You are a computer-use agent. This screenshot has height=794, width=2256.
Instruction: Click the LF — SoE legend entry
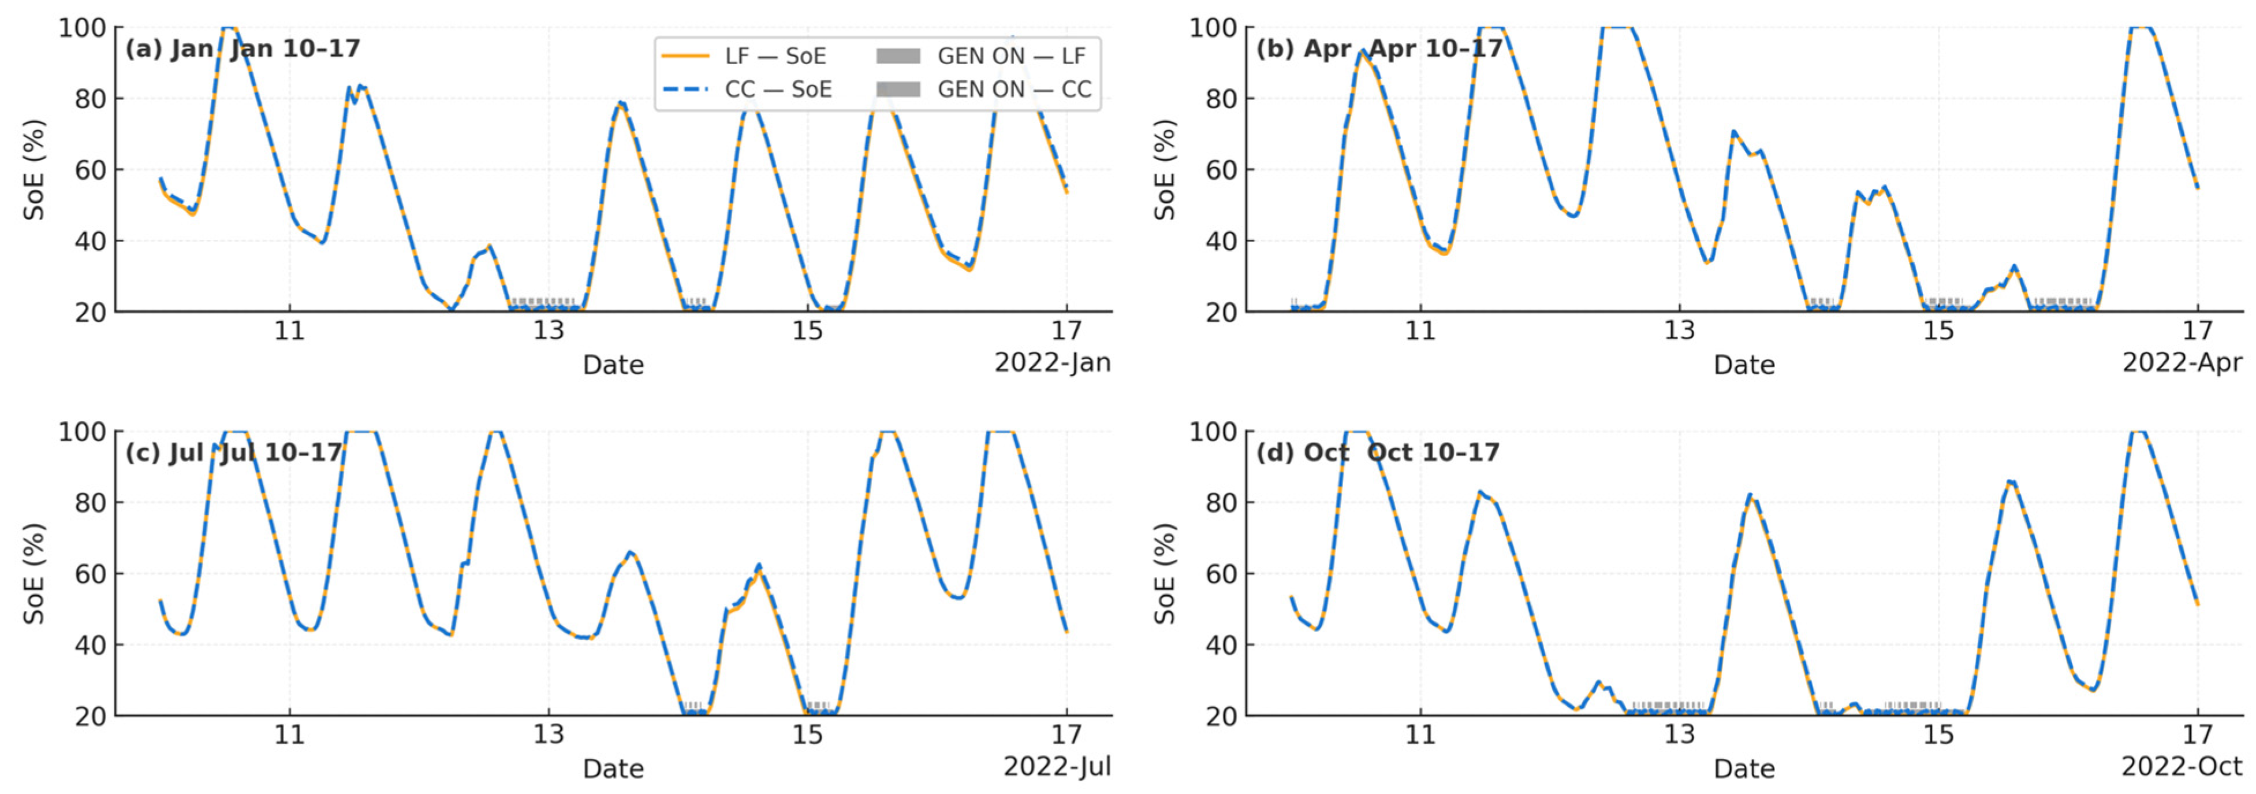pos(744,56)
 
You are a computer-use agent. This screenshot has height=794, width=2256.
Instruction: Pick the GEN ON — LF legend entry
pos(982,56)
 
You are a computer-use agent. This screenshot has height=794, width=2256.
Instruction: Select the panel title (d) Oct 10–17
pos(1378,452)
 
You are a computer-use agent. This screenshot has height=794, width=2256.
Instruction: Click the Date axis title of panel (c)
pos(613,769)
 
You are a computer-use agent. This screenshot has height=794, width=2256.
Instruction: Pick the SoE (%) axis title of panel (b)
pos(1164,169)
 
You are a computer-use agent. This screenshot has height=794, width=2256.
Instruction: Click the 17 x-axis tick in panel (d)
pos(2197,734)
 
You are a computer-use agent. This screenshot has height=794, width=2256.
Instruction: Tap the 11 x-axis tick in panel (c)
pos(289,734)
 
